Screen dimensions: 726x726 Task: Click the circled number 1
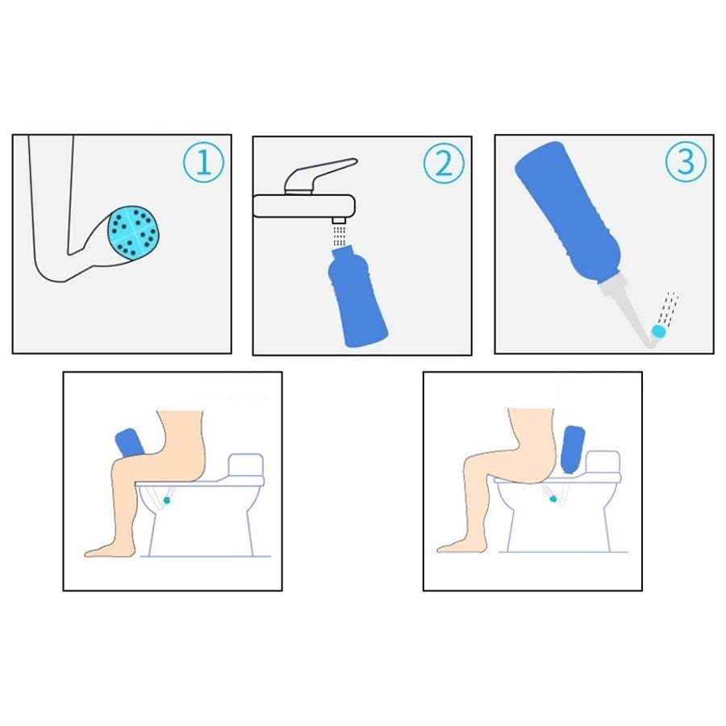(204, 162)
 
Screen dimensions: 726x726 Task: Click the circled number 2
(444, 163)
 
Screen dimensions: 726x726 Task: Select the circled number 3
(686, 161)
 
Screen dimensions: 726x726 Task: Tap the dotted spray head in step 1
(133, 232)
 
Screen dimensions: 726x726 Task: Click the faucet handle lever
(320, 175)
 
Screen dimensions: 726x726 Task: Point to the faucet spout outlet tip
(340, 220)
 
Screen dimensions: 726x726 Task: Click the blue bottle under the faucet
(357, 297)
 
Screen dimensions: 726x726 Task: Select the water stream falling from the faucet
(340, 236)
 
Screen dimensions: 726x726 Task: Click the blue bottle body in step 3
(568, 212)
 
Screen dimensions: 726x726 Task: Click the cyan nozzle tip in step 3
(658, 332)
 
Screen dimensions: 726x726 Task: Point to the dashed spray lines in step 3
(669, 308)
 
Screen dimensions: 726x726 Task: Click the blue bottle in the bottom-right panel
(572, 449)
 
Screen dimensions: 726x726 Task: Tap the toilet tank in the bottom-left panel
(246, 465)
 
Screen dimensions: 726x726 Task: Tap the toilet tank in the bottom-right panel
(603, 462)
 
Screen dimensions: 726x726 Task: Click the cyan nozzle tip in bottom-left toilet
(167, 500)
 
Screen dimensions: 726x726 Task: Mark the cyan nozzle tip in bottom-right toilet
(553, 499)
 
